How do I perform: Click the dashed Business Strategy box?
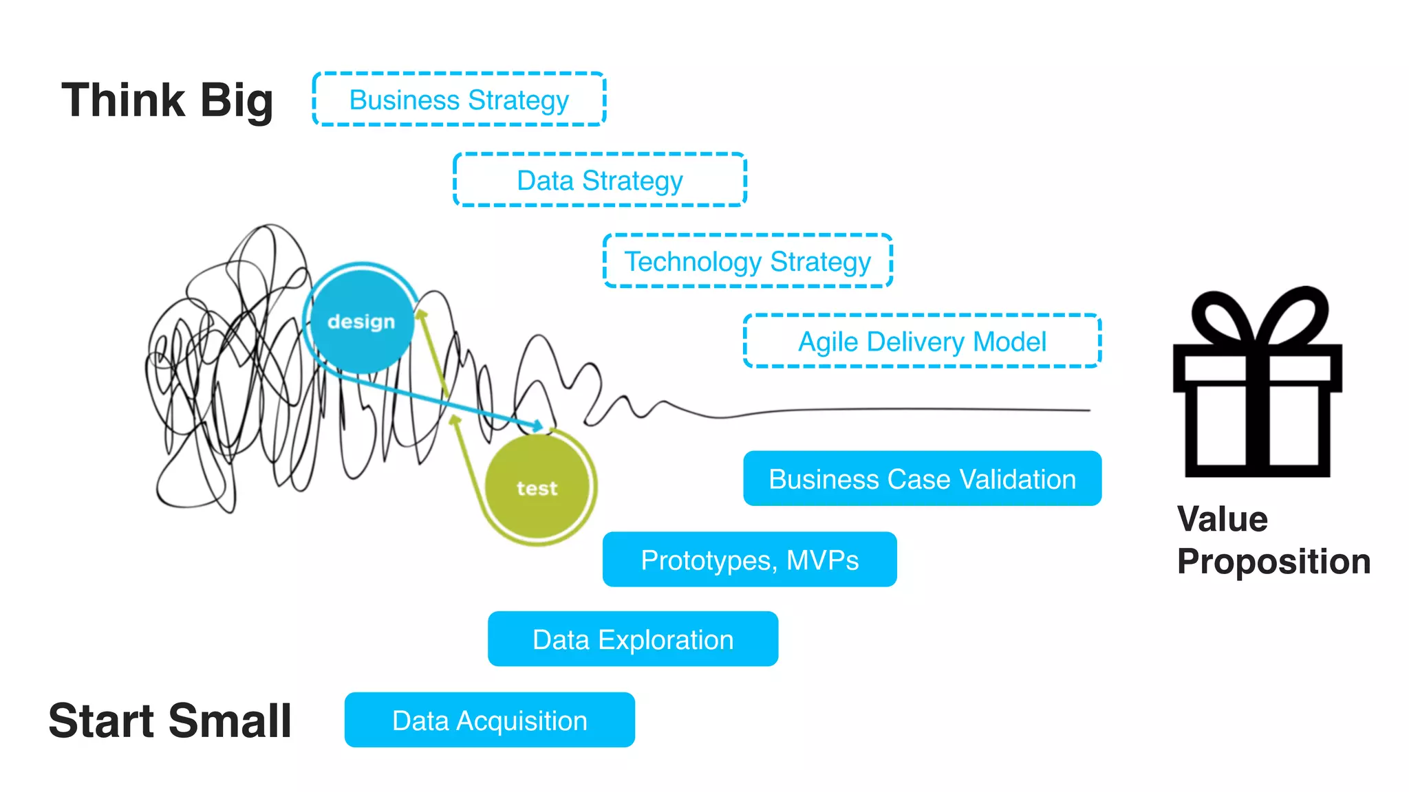click(459, 100)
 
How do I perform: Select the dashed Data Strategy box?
click(599, 180)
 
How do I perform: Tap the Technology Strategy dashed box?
click(747, 261)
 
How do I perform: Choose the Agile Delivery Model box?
click(922, 342)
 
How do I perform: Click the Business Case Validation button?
click(922, 478)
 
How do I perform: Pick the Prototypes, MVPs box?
click(749, 560)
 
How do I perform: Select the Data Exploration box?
click(632, 639)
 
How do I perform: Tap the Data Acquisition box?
click(489, 720)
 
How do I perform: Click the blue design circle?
click(361, 321)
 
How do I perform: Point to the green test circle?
click(537, 487)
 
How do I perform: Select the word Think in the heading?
click(124, 100)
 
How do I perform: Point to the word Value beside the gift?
click(1222, 519)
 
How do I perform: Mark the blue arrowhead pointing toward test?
click(537, 426)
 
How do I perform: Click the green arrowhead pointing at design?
click(422, 314)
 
